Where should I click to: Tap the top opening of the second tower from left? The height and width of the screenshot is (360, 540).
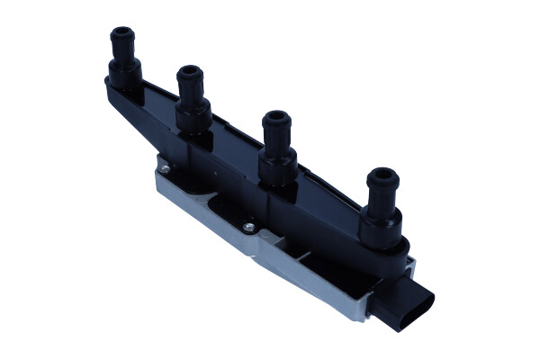coord(189,70)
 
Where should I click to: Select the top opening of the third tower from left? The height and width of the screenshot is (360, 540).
coord(275,116)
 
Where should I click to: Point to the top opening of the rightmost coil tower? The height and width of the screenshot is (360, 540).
coord(382,174)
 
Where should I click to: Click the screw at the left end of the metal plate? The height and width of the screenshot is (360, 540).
coord(164,166)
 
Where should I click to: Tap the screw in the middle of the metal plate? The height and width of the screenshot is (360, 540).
coord(248,228)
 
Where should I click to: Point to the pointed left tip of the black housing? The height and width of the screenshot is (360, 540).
coord(108,82)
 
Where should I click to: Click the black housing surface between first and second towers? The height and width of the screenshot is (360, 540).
coord(158,103)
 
